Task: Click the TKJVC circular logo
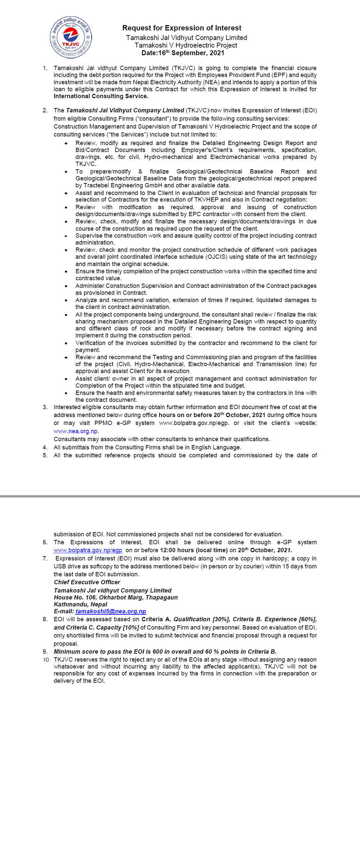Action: click(71, 38)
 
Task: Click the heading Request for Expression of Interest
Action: click(182, 28)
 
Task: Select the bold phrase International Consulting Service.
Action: click(101, 96)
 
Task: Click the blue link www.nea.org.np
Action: click(76, 431)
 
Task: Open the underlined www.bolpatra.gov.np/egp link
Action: click(88, 550)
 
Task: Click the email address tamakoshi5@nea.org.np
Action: click(111, 611)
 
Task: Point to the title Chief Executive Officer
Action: click(87, 582)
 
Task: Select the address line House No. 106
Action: click(75, 597)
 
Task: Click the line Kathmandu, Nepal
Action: click(81, 604)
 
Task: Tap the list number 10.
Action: click(46, 660)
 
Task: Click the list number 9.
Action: click(45, 651)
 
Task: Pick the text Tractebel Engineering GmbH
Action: click(123, 185)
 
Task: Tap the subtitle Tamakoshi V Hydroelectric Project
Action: click(186, 45)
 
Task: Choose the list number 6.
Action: click(45, 542)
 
